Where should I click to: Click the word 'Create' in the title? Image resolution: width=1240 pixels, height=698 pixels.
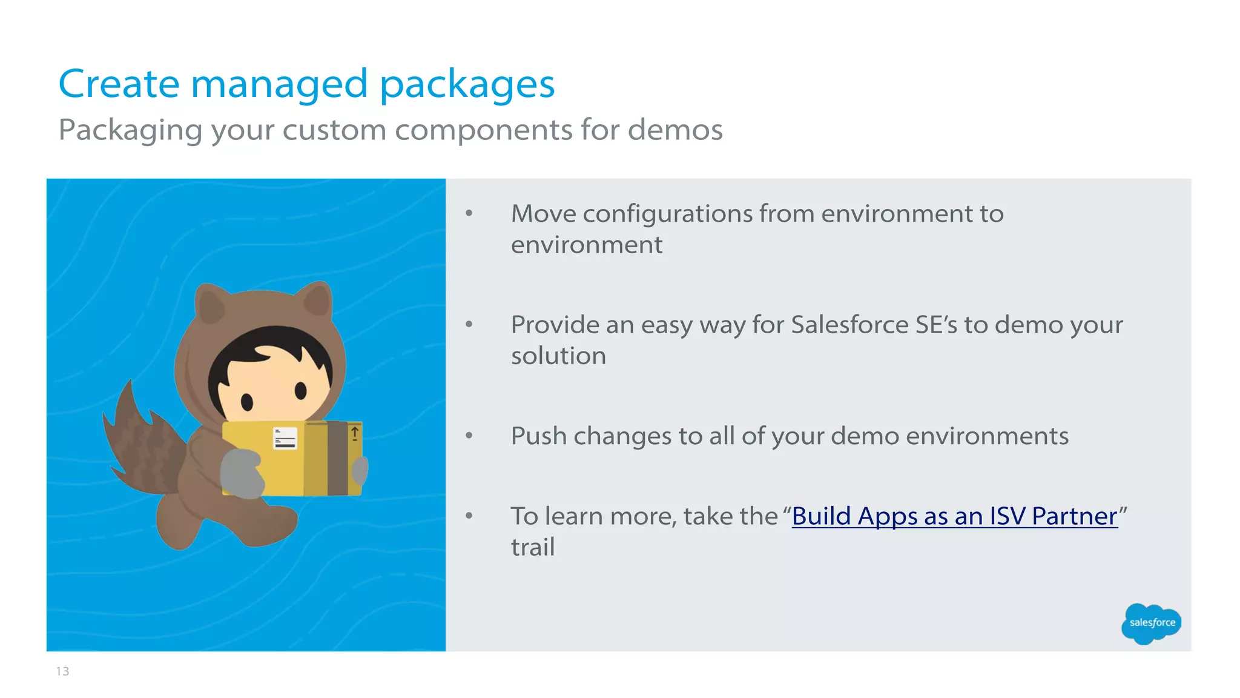[119, 84]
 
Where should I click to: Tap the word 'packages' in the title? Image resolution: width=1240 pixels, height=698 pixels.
[467, 85]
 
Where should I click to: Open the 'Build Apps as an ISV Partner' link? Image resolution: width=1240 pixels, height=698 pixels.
[954, 516]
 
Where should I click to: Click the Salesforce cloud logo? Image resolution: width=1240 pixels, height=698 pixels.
[1152, 623]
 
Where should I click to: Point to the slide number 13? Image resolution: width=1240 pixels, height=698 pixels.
[62, 671]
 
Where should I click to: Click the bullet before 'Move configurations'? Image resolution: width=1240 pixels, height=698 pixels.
[469, 213]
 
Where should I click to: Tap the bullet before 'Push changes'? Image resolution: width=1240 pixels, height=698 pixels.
[469, 436]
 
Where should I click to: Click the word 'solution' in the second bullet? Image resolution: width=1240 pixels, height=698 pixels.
[558, 356]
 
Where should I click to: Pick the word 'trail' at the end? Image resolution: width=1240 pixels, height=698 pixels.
[533, 547]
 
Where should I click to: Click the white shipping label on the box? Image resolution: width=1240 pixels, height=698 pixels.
[285, 437]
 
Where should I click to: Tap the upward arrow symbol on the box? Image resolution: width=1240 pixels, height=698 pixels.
[355, 433]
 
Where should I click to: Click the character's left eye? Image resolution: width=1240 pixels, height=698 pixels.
[246, 401]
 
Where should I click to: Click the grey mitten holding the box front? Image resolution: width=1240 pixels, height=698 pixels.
[241, 473]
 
